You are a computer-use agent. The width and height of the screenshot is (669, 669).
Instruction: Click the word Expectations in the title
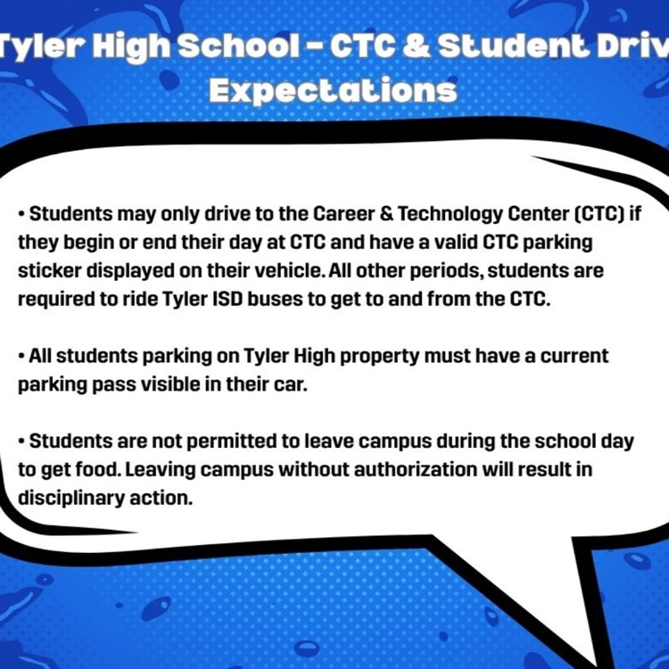tap(332, 89)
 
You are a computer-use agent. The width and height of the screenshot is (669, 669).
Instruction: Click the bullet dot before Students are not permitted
tap(21, 442)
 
